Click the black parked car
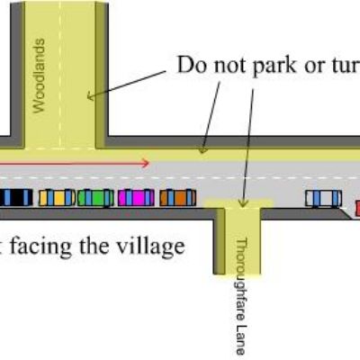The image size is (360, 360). (16, 197)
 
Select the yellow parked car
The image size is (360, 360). (57, 198)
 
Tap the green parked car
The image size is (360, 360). (95, 198)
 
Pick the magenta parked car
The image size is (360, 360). (136, 198)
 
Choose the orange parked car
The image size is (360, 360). (177, 198)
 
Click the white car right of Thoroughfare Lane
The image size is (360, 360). (323, 198)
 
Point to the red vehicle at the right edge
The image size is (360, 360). (357, 208)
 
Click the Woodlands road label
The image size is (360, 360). (40, 76)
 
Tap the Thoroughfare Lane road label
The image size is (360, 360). (241, 296)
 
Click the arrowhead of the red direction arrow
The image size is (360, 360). (147, 164)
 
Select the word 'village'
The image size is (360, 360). (150, 246)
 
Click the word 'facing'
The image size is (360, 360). (41, 247)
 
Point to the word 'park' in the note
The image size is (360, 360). (274, 66)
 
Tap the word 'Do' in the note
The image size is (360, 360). (193, 65)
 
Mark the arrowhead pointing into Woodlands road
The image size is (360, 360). (90, 96)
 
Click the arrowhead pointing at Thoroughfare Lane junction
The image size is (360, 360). (243, 203)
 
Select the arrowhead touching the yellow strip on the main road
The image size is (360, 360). (203, 149)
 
